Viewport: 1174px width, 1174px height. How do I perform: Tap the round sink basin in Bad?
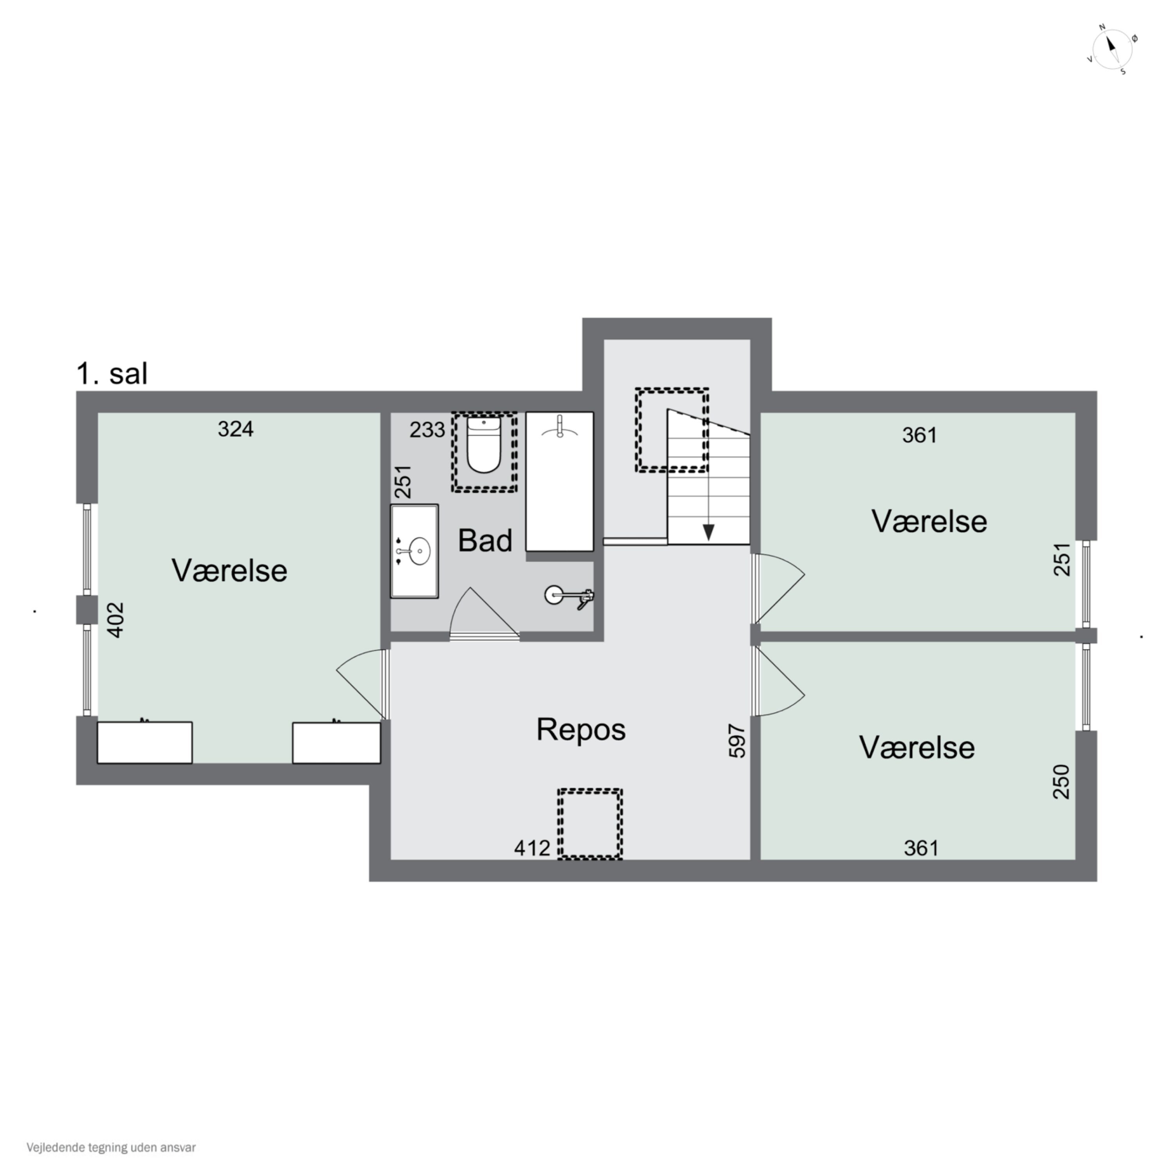pyautogui.click(x=419, y=551)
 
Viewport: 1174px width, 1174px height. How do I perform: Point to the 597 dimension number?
pyautogui.click(x=736, y=740)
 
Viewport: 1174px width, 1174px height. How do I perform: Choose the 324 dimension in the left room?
pyautogui.click(x=236, y=430)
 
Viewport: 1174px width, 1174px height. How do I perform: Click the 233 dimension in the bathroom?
pyautogui.click(x=427, y=430)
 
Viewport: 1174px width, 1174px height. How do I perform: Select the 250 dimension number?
pyautogui.click(x=1061, y=781)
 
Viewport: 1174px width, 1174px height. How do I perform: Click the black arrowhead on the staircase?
pyautogui.click(x=708, y=532)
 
